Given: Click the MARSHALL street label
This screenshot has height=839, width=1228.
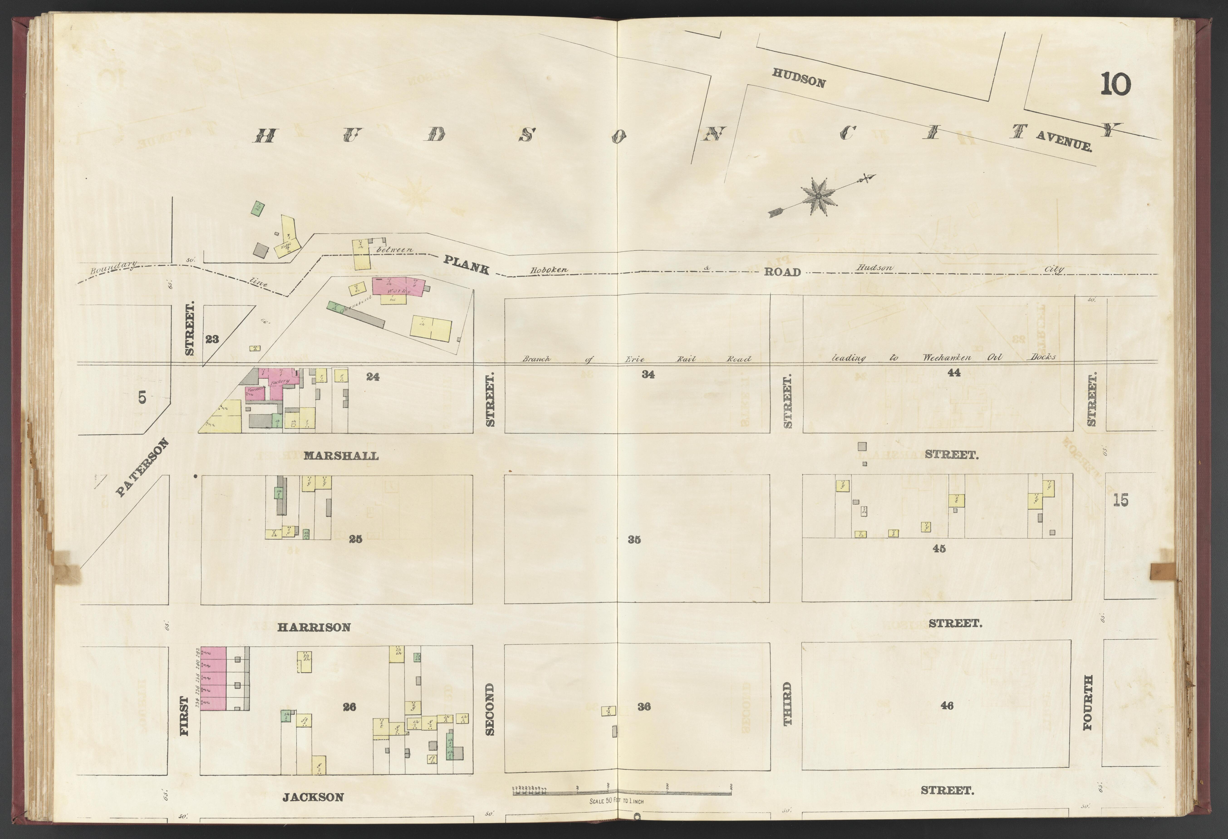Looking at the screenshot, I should click(x=341, y=456).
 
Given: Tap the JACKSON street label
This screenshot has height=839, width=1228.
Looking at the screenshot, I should click(x=313, y=797).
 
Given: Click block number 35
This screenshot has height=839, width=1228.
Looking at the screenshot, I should click(x=634, y=540).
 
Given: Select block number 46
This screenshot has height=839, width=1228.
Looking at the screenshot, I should click(x=947, y=705).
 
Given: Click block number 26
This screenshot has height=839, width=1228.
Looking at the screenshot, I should click(x=349, y=707).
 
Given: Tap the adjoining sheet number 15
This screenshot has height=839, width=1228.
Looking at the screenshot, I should click(x=1120, y=500).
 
